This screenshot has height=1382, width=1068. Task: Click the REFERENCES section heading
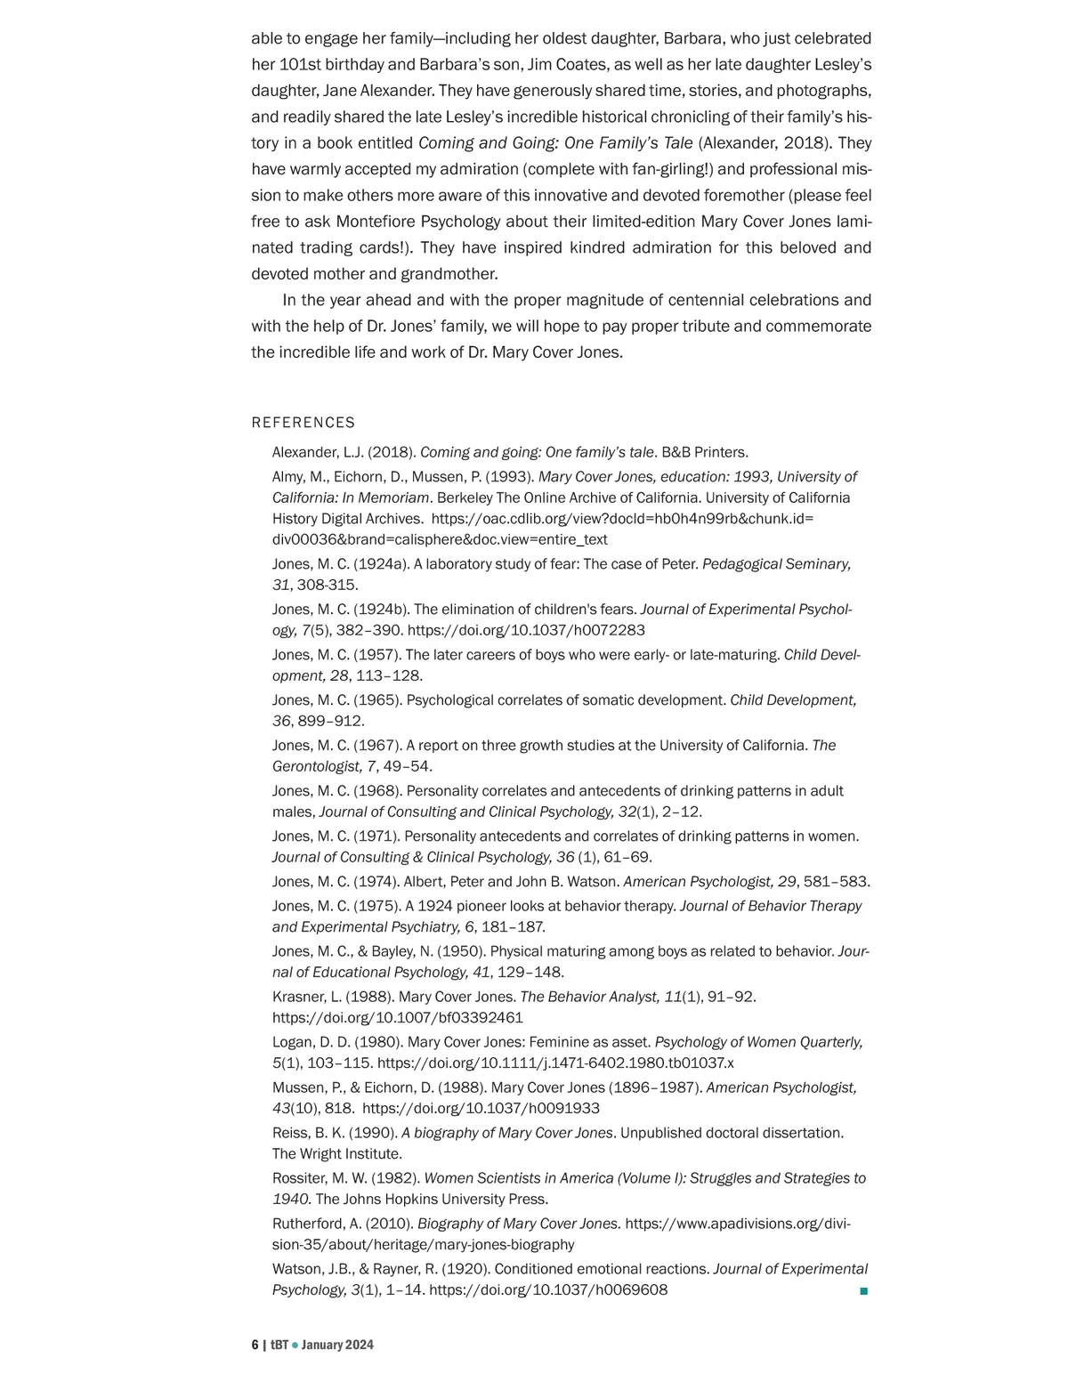point(303,423)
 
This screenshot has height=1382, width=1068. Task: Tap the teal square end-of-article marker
point(863,1290)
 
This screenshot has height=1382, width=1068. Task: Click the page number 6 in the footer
point(255,1345)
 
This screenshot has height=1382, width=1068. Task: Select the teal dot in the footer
point(295,1346)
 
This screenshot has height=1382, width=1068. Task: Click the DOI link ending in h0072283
point(526,630)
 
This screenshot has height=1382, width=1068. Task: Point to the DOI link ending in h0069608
point(548,1290)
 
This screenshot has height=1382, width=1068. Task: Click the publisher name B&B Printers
point(704,452)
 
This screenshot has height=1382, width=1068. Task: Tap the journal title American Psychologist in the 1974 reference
point(698,882)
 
